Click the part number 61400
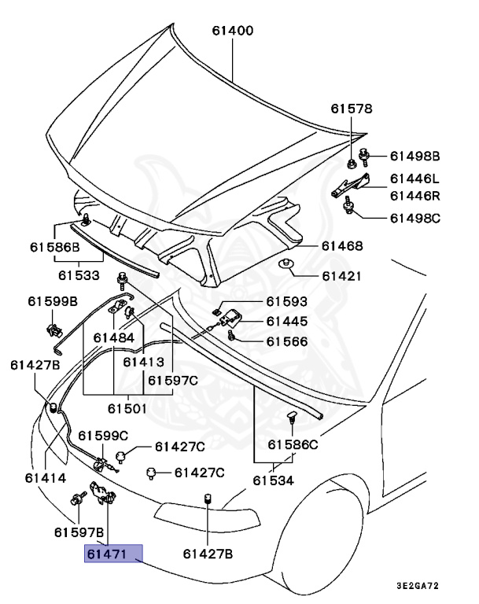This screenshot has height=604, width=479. coord(232,32)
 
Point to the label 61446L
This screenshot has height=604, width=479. coord(416,179)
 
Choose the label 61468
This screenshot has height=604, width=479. coord(342,246)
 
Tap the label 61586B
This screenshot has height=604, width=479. coord(55,246)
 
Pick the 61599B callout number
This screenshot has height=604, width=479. coord(53,301)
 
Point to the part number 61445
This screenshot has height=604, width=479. coord(286,321)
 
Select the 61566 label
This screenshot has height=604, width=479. coord(286,341)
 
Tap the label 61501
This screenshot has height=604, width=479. coord(127,408)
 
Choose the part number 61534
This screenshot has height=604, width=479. coord(273,481)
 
